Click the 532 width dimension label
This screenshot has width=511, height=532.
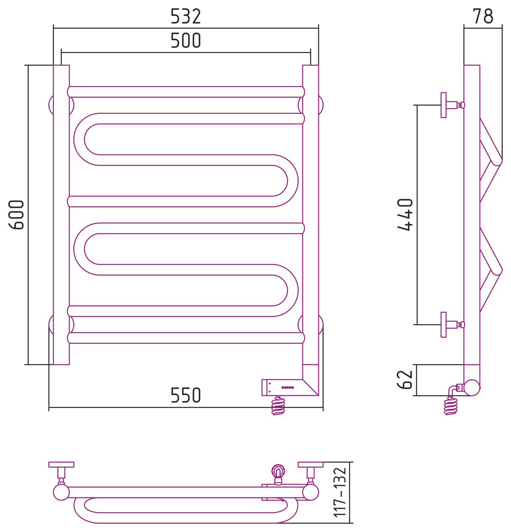[x=186, y=16]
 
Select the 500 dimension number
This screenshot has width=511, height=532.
[x=186, y=40]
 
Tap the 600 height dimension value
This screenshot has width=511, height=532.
[x=17, y=214]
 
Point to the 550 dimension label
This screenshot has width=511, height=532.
[x=186, y=395]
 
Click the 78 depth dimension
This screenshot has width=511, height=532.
[x=483, y=16]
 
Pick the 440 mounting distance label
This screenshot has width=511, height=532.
[x=405, y=214]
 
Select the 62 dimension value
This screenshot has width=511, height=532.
[x=405, y=379]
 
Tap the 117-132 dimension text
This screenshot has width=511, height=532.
[x=340, y=493]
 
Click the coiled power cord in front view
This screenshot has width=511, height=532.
[x=278, y=406]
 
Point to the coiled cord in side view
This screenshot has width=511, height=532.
[x=450, y=406]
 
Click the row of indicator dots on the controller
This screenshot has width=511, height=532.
[x=287, y=387]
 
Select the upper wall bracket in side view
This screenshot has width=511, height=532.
[x=444, y=105]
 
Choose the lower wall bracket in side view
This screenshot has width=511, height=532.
[x=444, y=325]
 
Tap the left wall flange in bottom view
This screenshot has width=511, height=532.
[x=61, y=464]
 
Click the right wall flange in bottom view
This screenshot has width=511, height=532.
[x=310, y=464]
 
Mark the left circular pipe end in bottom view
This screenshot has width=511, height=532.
[x=61, y=493]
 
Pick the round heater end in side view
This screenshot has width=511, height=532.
[x=472, y=387]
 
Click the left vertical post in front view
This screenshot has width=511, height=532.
[x=61, y=214]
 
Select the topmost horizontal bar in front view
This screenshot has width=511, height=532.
[x=186, y=92]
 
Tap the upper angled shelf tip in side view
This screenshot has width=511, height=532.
[x=496, y=162]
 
